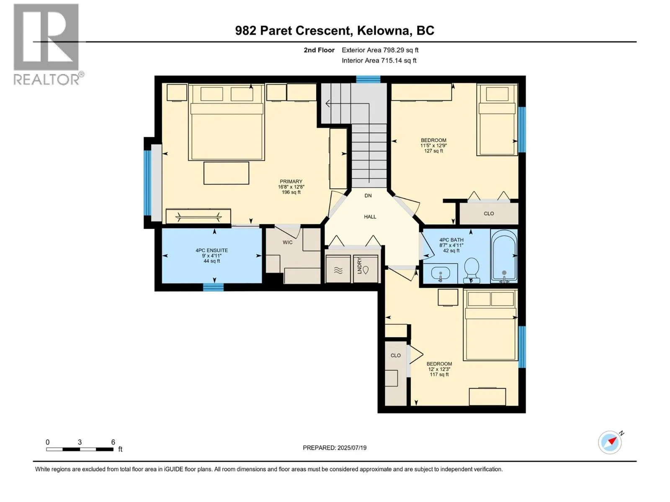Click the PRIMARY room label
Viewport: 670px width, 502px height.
(x=291, y=182)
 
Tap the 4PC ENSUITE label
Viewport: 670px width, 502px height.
(x=211, y=250)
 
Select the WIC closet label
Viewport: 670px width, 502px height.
(x=287, y=242)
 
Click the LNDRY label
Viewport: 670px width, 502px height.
(x=359, y=266)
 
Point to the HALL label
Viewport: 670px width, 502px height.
(x=370, y=217)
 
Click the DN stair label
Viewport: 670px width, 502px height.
(x=368, y=195)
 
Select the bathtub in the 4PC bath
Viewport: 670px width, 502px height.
(x=504, y=255)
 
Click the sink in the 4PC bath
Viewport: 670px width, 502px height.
(x=440, y=274)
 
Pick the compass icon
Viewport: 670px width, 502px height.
(x=610, y=442)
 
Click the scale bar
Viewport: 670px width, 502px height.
(x=80, y=449)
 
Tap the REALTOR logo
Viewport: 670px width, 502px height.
(x=46, y=44)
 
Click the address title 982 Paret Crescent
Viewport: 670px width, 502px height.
(x=335, y=31)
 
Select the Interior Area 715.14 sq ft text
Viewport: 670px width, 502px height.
(x=379, y=60)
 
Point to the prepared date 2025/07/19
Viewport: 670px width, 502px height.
(x=335, y=448)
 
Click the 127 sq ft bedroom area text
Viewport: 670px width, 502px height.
(x=433, y=151)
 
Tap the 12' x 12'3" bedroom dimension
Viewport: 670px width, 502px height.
(x=439, y=369)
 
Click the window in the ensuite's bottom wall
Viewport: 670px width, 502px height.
(x=213, y=287)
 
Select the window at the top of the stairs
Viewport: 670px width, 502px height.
(x=368, y=79)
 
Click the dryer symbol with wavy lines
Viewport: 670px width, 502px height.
(x=338, y=270)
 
